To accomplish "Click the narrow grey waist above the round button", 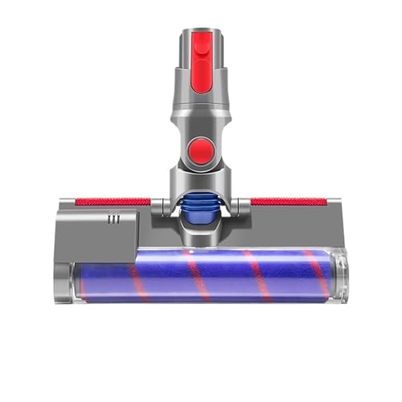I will (202, 121).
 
